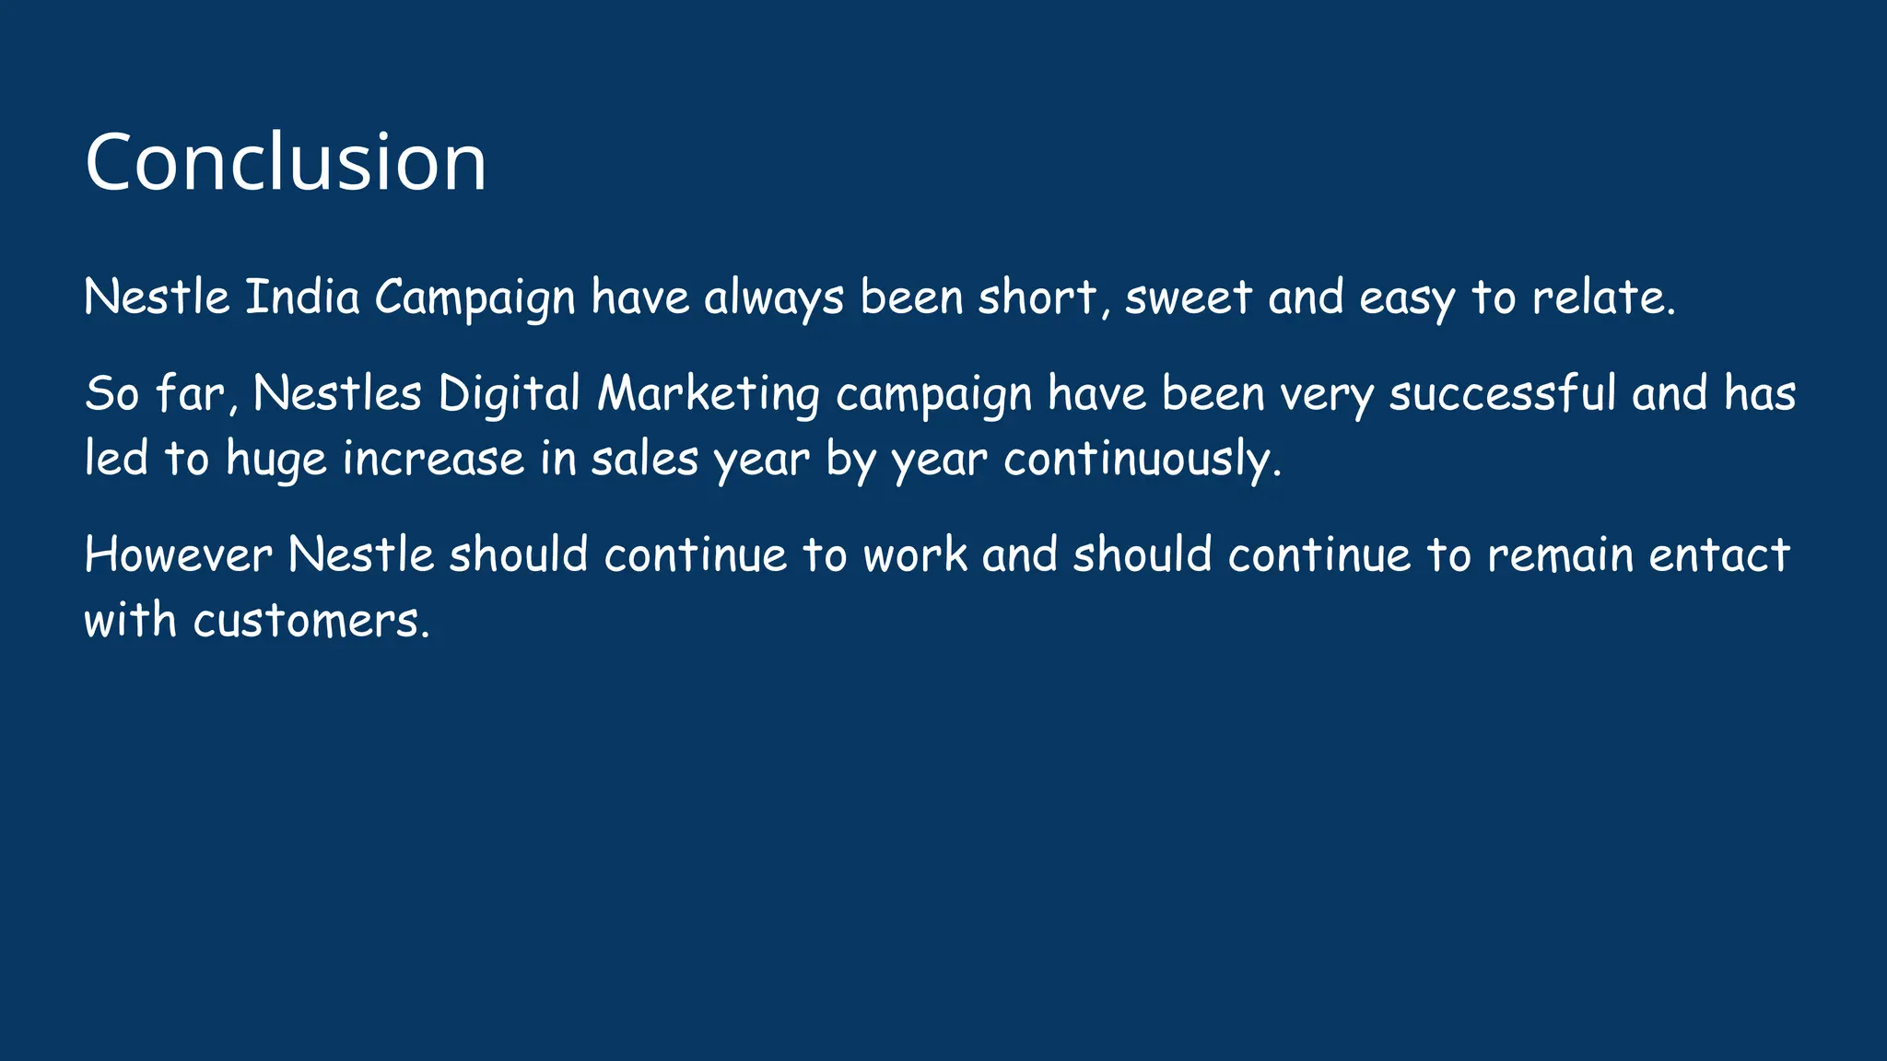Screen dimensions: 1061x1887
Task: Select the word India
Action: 302,297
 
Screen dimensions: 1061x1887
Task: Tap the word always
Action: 774,297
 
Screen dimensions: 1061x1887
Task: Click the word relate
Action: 1603,297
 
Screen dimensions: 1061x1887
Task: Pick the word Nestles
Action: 337,394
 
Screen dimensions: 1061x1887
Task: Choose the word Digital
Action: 509,394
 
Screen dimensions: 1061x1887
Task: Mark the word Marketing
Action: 708,394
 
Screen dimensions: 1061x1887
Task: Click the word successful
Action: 1503,394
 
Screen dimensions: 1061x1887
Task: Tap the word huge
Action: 276,460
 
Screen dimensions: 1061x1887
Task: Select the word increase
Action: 433,460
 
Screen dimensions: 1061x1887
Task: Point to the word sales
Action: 644,460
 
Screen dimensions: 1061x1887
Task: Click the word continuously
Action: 1142,460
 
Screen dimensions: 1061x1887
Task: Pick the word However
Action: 178,555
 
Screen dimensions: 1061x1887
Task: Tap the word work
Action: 915,555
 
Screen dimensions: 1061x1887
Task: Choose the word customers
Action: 311,621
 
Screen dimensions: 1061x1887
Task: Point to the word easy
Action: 1407,297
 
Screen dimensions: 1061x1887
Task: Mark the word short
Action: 1037,297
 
